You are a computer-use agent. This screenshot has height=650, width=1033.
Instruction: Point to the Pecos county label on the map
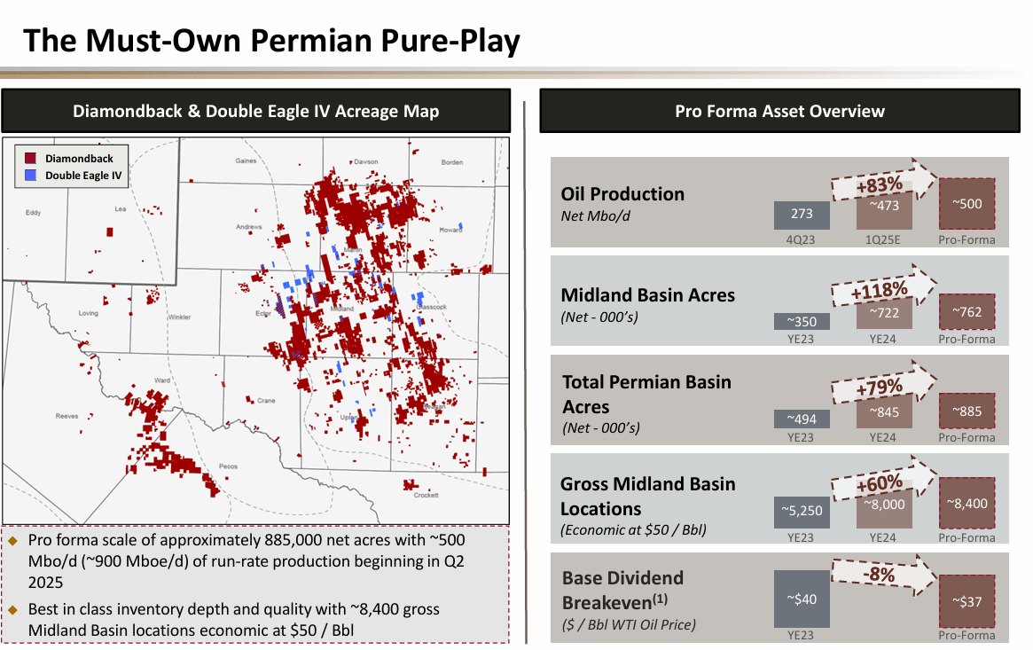228,466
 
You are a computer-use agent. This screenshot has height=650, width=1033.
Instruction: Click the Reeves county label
67,415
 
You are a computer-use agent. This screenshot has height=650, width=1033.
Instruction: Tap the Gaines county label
246,161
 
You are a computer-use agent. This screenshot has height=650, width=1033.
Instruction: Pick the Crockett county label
427,495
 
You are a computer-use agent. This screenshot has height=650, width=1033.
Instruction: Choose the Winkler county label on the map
179,317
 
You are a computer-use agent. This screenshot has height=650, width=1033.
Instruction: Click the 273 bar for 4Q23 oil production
801,215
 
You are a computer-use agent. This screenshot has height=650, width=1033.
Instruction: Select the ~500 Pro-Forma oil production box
966,204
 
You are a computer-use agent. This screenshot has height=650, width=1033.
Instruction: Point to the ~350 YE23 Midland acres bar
801,321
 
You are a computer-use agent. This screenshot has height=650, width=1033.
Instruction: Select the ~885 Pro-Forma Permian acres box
966,411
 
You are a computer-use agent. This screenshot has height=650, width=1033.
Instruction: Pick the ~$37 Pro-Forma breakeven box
966,601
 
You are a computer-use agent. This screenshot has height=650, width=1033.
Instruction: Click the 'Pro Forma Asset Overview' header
779,111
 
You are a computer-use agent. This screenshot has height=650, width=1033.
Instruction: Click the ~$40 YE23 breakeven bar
801,599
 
